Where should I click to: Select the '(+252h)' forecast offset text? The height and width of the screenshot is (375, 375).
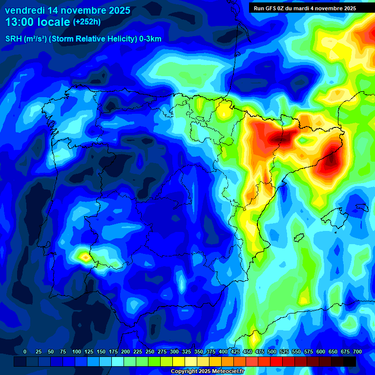point(86,21)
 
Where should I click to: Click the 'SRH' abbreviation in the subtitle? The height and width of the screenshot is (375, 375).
point(13,39)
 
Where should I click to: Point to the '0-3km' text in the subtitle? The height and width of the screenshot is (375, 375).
point(150,39)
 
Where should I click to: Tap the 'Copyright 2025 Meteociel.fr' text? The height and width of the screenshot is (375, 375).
point(207,371)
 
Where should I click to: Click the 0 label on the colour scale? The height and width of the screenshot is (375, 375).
point(25,352)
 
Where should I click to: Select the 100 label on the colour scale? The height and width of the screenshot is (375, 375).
point(77,352)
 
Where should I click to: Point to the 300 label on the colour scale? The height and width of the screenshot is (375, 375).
point(174,352)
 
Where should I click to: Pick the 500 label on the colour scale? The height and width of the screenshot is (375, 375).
point(272,352)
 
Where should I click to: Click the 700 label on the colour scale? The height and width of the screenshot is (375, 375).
point(357,352)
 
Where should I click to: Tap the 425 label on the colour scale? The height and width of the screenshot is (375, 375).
point(235,352)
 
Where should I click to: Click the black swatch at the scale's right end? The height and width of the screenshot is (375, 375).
point(350,361)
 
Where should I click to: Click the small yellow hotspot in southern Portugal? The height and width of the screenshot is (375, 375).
point(85,256)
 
